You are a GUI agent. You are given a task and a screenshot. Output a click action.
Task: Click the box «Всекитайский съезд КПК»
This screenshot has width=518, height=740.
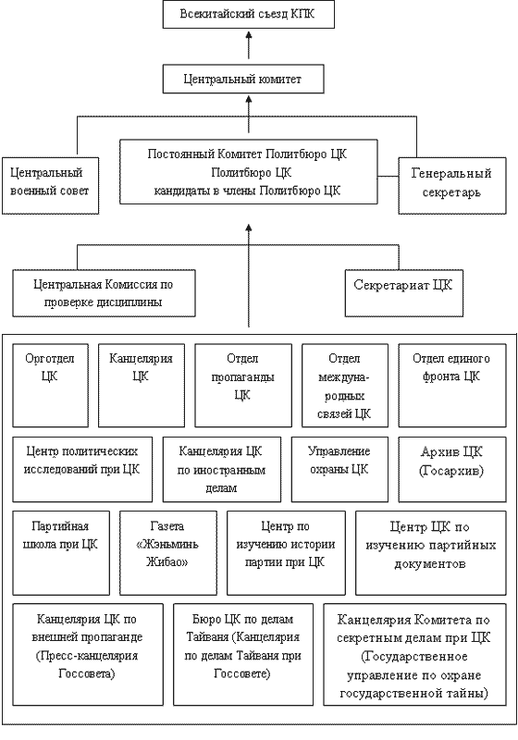click(249, 14)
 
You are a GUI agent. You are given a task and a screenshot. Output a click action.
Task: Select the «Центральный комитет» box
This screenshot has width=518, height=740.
click(243, 79)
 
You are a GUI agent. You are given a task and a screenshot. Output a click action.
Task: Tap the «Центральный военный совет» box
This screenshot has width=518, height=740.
click(51, 186)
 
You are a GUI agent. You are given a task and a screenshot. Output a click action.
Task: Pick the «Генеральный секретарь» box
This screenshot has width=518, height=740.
click(452, 186)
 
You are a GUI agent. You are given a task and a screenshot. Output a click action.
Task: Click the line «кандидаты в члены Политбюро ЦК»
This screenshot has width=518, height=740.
click(247, 191)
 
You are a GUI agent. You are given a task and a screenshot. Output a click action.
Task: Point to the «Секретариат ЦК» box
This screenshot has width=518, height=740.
click(404, 292)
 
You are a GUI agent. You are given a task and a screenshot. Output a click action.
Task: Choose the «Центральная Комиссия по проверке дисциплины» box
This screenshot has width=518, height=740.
click(104, 292)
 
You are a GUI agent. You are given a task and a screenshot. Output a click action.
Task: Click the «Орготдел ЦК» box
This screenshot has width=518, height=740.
click(51, 385)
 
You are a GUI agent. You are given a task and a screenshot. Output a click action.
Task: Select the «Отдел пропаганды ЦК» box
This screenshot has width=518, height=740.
click(243, 385)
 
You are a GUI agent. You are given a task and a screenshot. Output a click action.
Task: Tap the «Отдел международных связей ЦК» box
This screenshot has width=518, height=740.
click(345, 385)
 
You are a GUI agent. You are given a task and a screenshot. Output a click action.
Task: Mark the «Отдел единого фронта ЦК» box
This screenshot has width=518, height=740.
click(452, 385)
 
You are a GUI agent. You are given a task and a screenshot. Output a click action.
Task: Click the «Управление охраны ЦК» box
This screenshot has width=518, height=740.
click(339, 469)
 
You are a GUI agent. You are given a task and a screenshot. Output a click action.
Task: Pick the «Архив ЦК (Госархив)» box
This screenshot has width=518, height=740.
click(452, 469)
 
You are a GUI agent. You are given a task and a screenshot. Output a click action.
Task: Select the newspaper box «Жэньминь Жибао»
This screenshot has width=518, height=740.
click(168, 552)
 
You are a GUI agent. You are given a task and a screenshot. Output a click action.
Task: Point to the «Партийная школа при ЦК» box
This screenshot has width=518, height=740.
click(61, 552)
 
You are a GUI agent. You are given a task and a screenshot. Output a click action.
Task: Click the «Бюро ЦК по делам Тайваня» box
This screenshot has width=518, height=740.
click(243, 654)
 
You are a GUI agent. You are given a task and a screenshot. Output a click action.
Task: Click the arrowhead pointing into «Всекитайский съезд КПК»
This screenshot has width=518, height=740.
click(249, 35)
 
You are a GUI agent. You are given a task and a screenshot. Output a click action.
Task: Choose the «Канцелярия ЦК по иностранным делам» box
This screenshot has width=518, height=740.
click(222, 469)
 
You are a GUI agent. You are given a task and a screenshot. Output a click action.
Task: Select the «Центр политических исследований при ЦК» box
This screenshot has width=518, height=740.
click(82, 469)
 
